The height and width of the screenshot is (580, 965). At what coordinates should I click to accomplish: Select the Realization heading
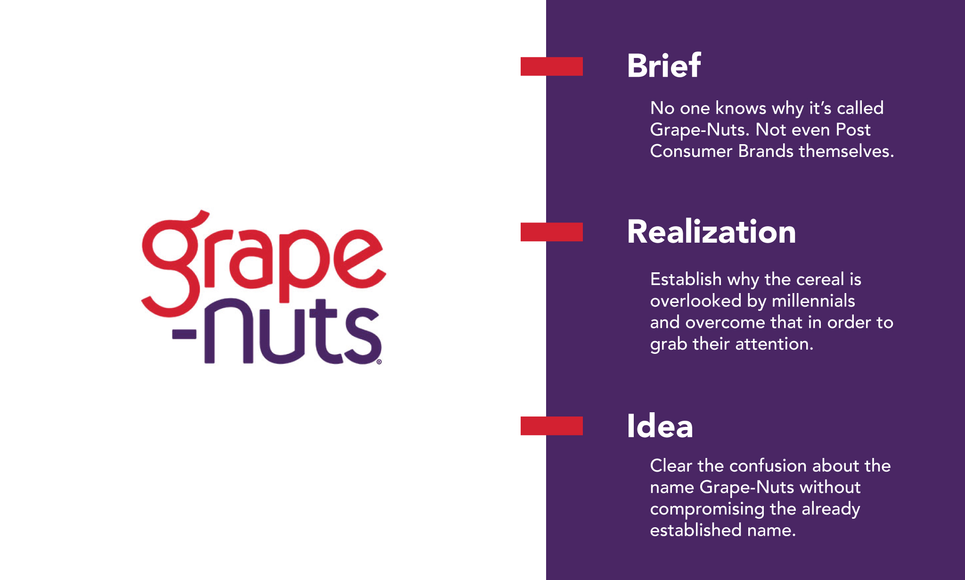(x=711, y=232)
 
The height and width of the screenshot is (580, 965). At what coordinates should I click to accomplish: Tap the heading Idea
(x=660, y=426)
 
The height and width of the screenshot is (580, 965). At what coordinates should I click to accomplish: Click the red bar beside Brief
(x=551, y=66)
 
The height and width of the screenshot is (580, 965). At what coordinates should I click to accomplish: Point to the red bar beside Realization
(x=551, y=232)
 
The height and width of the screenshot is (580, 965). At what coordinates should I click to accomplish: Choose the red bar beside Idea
(x=551, y=426)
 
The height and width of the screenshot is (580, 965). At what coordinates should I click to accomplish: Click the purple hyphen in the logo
(x=184, y=335)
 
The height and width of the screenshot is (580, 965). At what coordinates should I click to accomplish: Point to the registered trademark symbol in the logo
(x=379, y=362)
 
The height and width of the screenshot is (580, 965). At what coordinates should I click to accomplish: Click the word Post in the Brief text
(x=853, y=130)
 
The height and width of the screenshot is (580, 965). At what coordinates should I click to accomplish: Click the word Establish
(x=686, y=279)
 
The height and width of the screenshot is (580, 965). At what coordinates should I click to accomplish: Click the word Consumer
(x=691, y=151)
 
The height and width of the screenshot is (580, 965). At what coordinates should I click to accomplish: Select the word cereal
(x=820, y=279)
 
